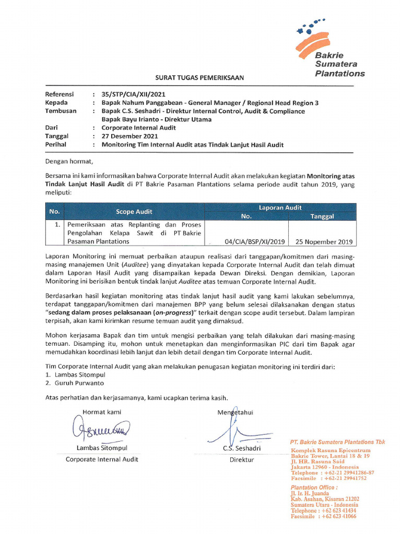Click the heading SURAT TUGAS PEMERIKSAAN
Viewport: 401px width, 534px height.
(x=199, y=78)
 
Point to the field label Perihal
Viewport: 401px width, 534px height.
(x=56, y=144)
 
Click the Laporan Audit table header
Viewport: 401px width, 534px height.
(x=280, y=208)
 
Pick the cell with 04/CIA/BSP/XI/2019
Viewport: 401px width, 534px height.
(x=254, y=241)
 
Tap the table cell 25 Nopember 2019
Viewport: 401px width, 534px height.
(x=324, y=241)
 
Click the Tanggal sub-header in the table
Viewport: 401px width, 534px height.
(x=322, y=216)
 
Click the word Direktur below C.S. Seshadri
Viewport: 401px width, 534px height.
(x=242, y=459)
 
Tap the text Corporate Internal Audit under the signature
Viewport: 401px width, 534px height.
(x=102, y=459)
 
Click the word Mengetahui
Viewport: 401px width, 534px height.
(x=235, y=412)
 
